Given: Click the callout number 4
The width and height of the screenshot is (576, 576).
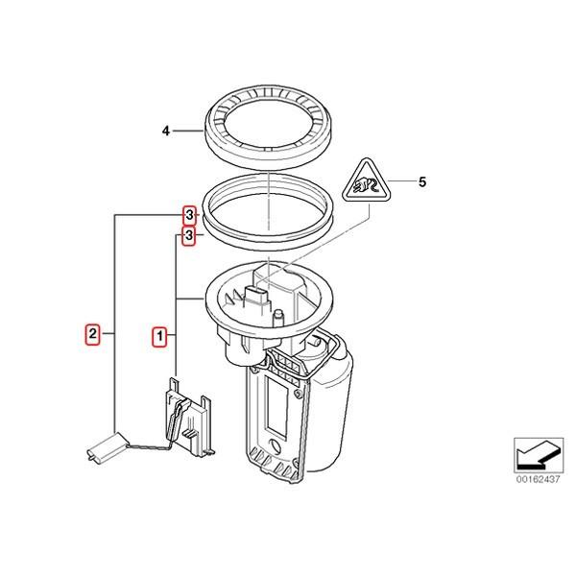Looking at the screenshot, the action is pyautogui.click(x=166, y=131).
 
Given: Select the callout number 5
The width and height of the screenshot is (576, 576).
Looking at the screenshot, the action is pyautogui.click(x=422, y=181).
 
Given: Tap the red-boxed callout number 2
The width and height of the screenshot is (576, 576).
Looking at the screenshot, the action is pyautogui.click(x=92, y=333).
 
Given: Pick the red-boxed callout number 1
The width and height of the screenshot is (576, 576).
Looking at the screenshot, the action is pyautogui.click(x=159, y=336).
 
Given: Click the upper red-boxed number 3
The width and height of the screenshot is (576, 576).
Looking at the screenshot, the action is pyautogui.click(x=189, y=215).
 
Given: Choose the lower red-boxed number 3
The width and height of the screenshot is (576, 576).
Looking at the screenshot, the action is pyautogui.click(x=189, y=235).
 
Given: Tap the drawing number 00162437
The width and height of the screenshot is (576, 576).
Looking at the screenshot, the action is pyautogui.click(x=539, y=479).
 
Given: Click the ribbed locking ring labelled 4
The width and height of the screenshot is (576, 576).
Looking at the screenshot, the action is pyautogui.click(x=268, y=128).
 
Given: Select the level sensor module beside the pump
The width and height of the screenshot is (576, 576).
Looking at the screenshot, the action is pyautogui.click(x=188, y=417).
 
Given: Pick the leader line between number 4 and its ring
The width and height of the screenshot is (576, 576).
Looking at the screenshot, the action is pyautogui.click(x=188, y=131).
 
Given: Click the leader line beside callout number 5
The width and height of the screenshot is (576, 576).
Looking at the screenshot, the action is pyautogui.click(x=401, y=181).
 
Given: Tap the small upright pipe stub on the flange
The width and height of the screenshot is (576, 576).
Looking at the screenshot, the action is pyautogui.click(x=278, y=319).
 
